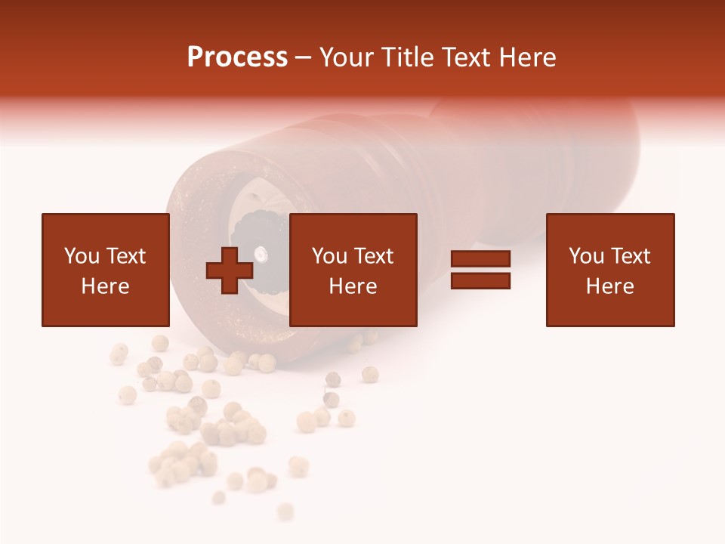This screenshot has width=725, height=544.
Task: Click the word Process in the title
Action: (x=237, y=57)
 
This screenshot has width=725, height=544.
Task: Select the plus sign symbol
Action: (x=230, y=270)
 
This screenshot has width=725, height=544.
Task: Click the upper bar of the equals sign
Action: (x=480, y=259)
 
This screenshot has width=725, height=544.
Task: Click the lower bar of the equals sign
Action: (x=480, y=280)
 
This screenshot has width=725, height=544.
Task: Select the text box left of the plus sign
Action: (x=105, y=270)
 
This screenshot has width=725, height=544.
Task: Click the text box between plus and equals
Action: (x=353, y=270)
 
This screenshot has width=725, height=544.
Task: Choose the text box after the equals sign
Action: (x=609, y=270)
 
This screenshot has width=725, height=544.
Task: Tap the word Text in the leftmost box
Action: (x=125, y=256)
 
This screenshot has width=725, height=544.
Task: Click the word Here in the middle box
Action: (x=353, y=286)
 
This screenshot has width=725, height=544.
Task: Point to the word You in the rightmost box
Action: (x=587, y=256)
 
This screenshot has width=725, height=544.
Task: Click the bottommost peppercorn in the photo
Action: (x=285, y=512)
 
